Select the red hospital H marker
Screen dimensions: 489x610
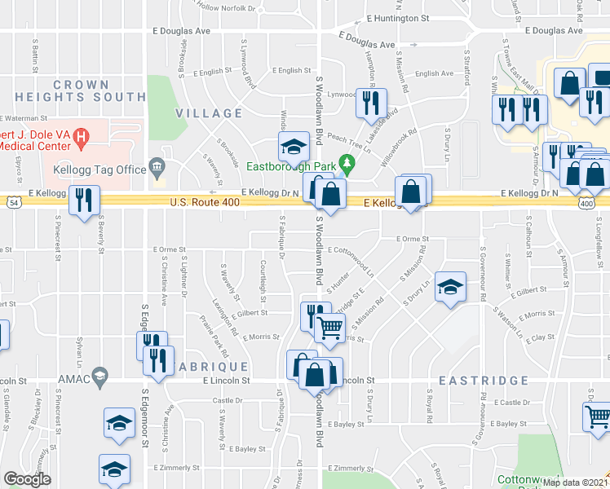tap(81, 139)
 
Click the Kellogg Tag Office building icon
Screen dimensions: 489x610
tap(157, 169)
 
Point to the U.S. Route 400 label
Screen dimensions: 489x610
tap(205, 202)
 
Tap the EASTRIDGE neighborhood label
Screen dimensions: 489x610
tap(474, 381)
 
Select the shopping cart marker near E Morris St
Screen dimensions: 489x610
tap(330, 328)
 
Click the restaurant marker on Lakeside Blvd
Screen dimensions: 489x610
tap(370, 104)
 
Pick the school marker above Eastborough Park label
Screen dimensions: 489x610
tap(292, 147)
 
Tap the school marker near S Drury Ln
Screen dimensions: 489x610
tap(449, 287)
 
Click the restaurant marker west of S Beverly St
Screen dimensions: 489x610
tap(84, 200)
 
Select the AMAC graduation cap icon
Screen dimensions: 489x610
tap(100, 376)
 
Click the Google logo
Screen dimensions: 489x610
tap(27, 479)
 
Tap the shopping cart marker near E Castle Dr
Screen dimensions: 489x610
tap(598, 416)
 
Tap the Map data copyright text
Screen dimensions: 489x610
tap(574, 482)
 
